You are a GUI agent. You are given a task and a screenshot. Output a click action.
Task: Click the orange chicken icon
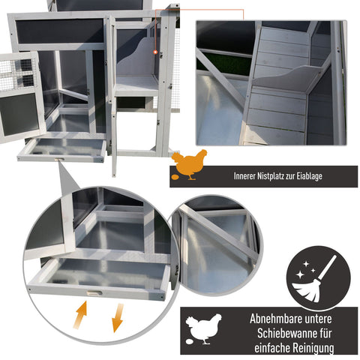[189, 164]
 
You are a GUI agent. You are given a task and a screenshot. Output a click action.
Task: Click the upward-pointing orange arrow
[80, 315]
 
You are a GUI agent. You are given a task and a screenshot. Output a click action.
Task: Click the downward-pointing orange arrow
[117, 318]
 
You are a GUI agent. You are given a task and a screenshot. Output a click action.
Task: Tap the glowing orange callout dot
[155, 52]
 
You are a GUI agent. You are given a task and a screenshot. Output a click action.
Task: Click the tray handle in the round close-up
[94, 293]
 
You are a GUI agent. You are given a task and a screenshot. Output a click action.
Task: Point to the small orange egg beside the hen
[175, 177]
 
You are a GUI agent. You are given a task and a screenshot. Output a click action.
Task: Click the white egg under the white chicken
[190, 341]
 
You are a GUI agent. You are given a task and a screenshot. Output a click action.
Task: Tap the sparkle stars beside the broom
[305, 270]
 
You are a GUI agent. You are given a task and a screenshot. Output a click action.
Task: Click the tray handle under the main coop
[59, 159]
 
